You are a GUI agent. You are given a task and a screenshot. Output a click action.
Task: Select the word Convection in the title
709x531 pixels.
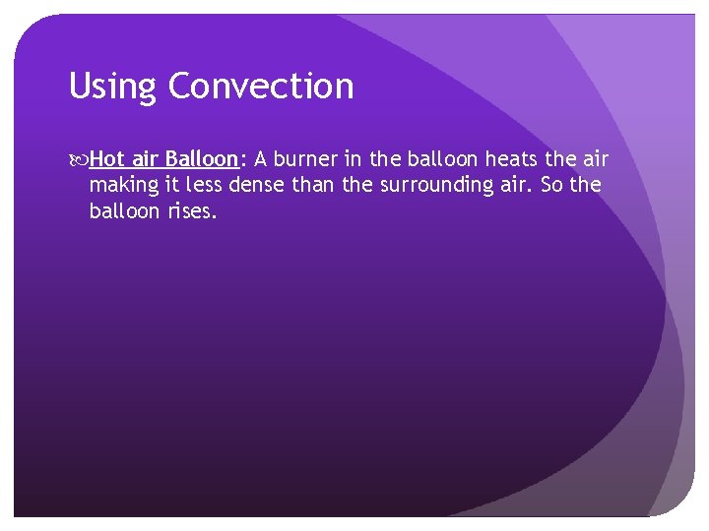[x=261, y=87]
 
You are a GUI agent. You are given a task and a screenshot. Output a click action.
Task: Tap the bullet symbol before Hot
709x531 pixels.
[x=79, y=159]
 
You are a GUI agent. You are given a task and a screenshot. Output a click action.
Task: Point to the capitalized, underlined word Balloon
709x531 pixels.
[x=202, y=159]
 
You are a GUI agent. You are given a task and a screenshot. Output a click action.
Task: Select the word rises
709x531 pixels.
[x=190, y=210]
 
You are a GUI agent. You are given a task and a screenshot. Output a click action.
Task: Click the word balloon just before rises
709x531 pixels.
[x=122, y=210]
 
